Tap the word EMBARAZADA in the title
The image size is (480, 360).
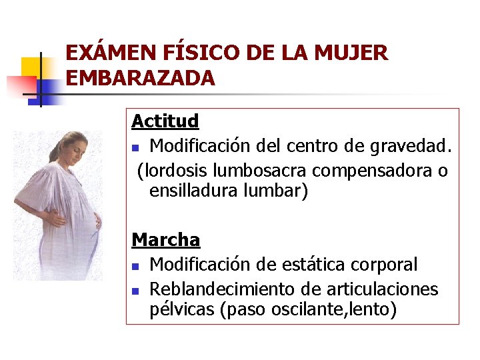[141, 78]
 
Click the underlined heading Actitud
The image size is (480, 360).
[165, 121]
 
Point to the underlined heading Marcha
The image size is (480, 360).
[166, 239]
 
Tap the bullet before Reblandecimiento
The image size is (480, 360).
[135, 291]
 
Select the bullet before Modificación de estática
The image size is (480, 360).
[135, 266]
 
